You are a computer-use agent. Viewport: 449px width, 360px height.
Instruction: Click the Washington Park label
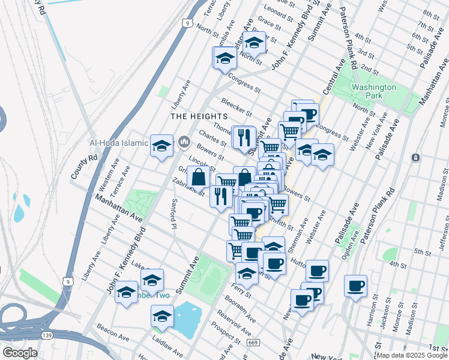point(374,91)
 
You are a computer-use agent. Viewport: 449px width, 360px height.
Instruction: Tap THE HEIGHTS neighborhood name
point(199,116)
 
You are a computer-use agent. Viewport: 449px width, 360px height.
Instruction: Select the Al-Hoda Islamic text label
point(118,143)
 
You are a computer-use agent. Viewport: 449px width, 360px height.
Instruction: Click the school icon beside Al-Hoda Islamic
point(161,145)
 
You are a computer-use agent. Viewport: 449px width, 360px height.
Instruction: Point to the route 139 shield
point(46,334)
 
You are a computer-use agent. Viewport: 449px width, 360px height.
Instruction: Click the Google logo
point(19,353)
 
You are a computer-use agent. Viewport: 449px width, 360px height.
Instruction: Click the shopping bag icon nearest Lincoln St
point(198,177)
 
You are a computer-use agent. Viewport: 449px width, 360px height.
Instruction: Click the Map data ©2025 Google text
point(412,355)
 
